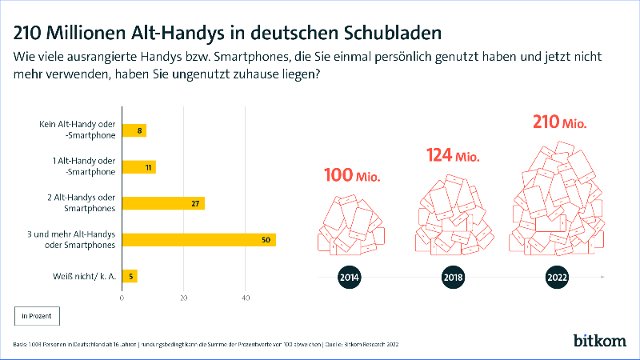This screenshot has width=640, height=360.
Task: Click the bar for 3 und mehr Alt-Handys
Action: click(x=198, y=239)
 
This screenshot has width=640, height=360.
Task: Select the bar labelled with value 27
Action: click(x=162, y=203)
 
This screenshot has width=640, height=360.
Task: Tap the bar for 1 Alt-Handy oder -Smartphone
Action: click(x=138, y=167)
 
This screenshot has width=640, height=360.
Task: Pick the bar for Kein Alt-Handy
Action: click(x=134, y=130)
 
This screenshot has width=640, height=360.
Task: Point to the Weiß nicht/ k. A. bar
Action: click(x=129, y=276)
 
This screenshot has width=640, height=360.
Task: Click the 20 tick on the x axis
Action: click(x=184, y=298)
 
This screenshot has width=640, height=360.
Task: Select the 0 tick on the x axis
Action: click(x=122, y=298)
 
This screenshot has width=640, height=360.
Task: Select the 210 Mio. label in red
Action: click(x=560, y=123)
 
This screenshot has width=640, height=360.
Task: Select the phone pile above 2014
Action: click(x=350, y=226)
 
